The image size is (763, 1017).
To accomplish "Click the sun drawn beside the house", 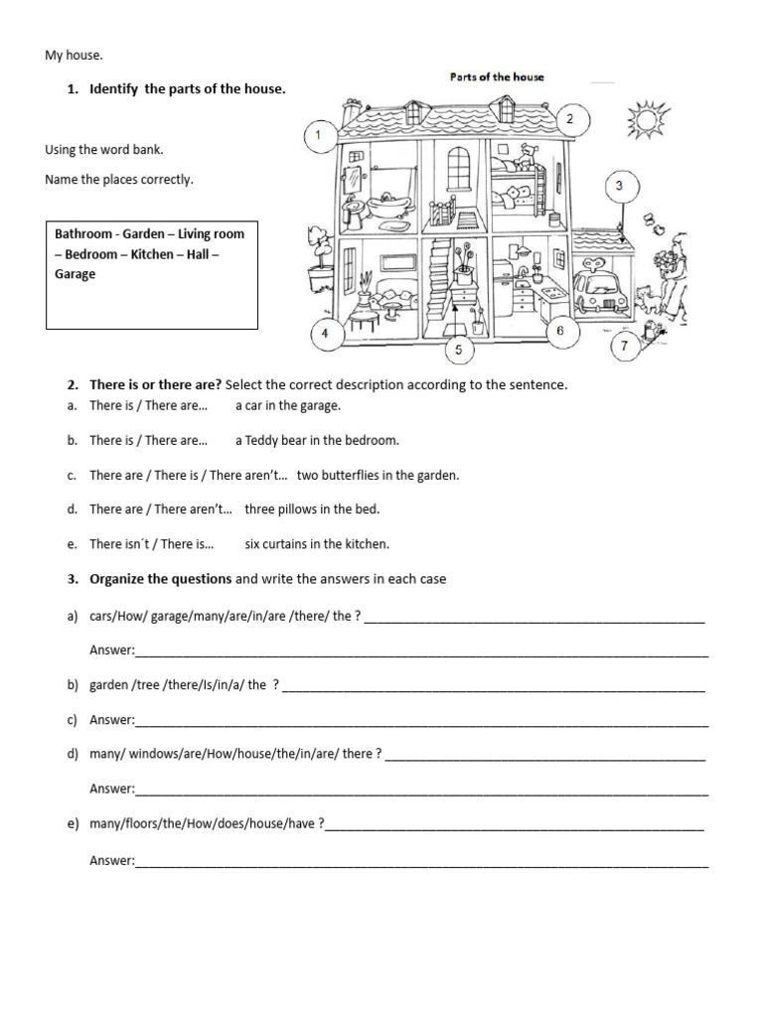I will click(x=647, y=121).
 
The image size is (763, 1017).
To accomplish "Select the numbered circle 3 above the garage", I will click(x=619, y=186).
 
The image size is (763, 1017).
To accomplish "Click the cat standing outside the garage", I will click(x=652, y=296).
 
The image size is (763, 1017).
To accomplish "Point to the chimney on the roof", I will click(x=346, y=112).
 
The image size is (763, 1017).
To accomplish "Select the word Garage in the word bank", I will click(x=76, y=274).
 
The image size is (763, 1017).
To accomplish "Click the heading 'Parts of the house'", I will click(x=490, y=76).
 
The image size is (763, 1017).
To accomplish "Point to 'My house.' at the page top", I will click(x=74, y=57).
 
